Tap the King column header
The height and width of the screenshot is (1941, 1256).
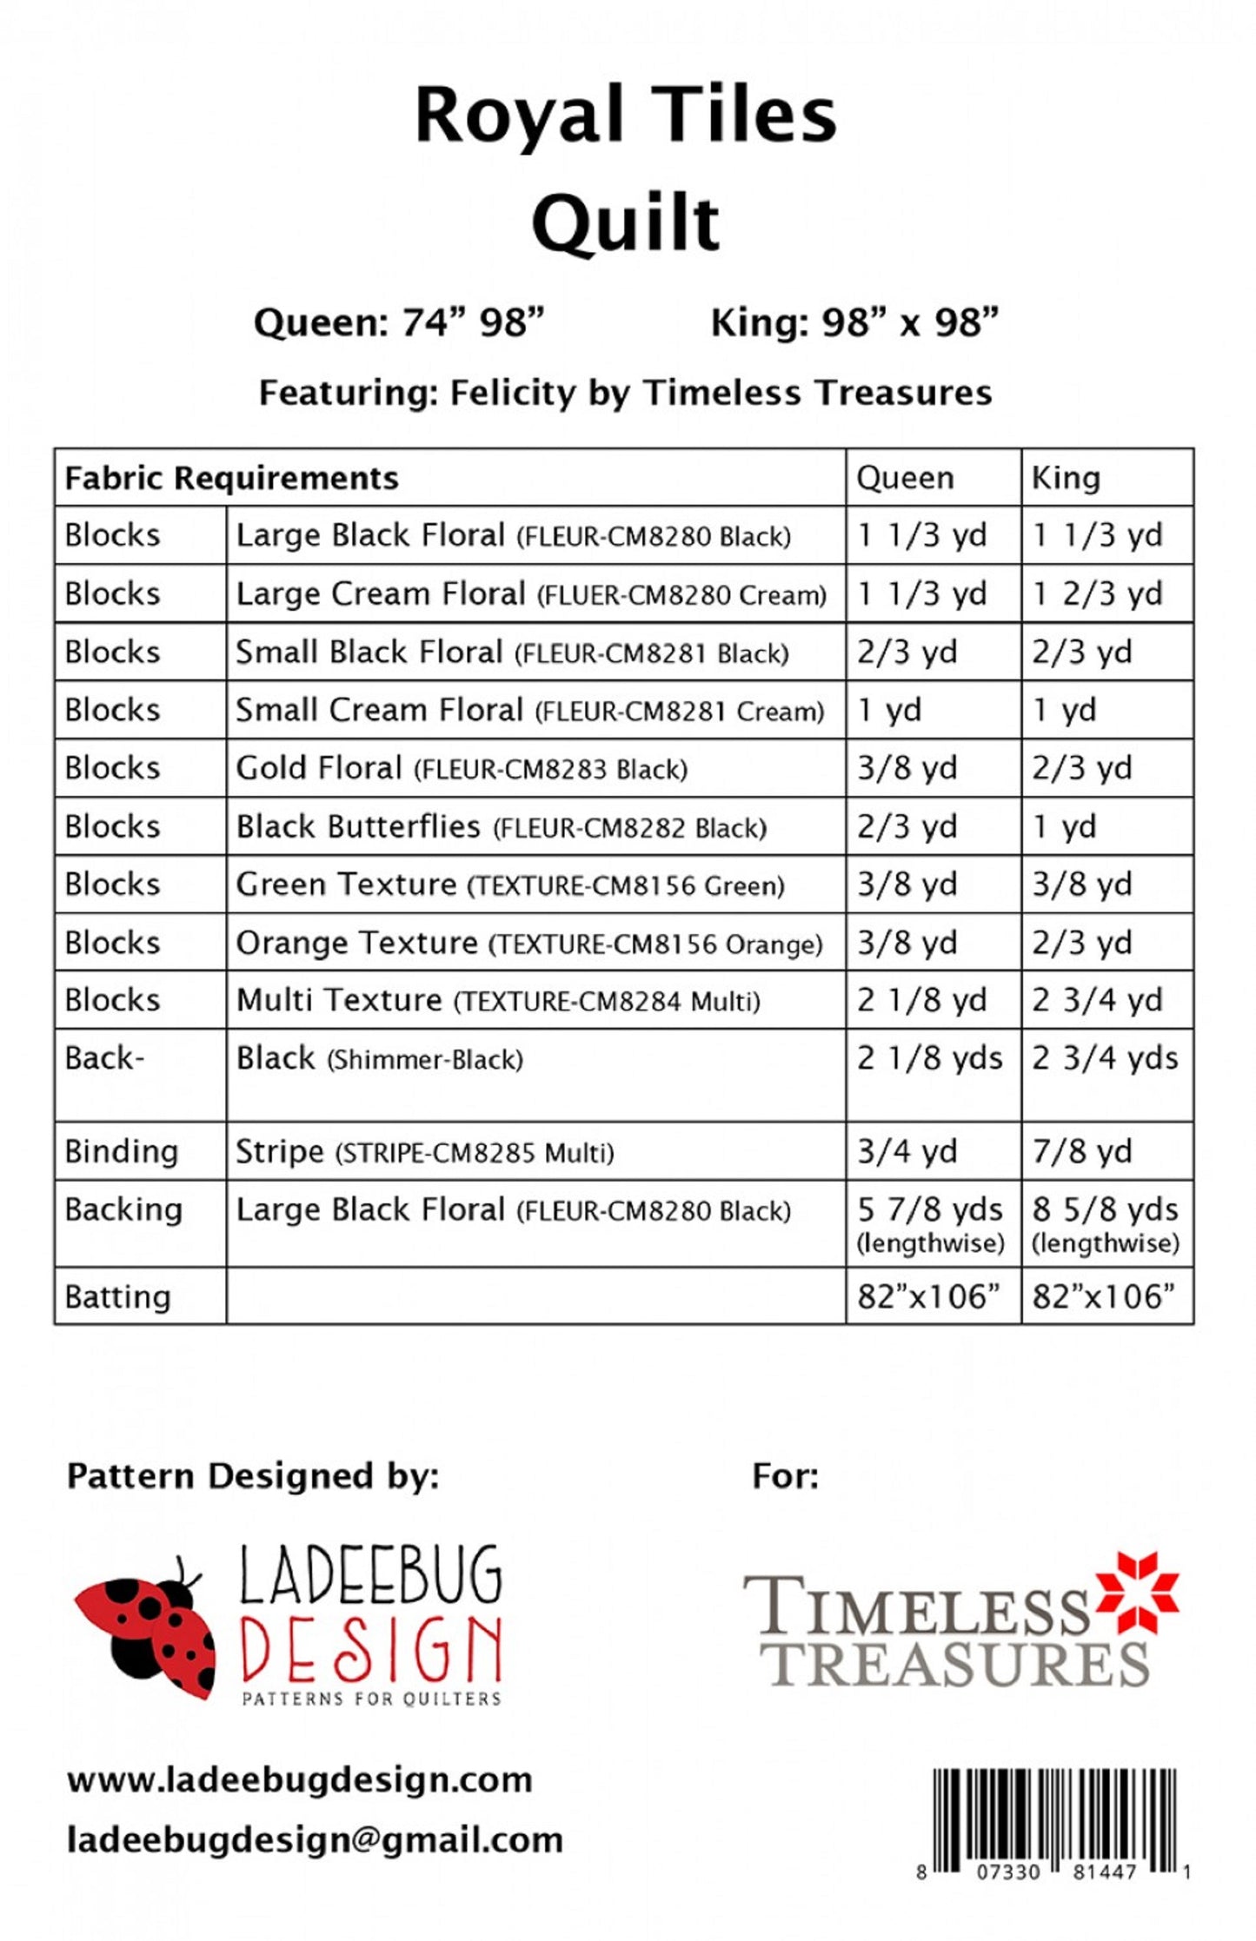click(x=1066, y=478)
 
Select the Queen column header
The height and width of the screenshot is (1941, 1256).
click(x=905, y=478)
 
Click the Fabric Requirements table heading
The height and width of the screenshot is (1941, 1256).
click(x=231, y=478)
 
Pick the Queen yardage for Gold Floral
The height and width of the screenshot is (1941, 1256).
click(x=907, y=768)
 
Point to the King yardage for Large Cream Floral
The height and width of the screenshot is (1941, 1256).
click(x=1097, y=594)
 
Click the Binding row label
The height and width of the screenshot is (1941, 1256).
click(x=121, y=1152)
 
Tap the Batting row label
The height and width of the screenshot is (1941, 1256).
click(x=117, y=1297)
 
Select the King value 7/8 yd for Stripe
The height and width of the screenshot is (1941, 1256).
click(x=1081, y=1152)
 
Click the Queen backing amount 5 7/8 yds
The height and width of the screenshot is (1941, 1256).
click(x=929, y=1210)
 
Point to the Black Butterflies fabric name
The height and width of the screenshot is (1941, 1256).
click(x=358, y=826)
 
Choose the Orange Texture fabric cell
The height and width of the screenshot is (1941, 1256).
click(x=528, y=943)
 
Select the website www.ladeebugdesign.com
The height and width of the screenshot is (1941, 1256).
click(x=299, y=1780)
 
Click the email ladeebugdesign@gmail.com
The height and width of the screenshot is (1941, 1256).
click(x=315, y=1839)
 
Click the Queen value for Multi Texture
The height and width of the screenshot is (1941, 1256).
click(x=921, y=1001)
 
